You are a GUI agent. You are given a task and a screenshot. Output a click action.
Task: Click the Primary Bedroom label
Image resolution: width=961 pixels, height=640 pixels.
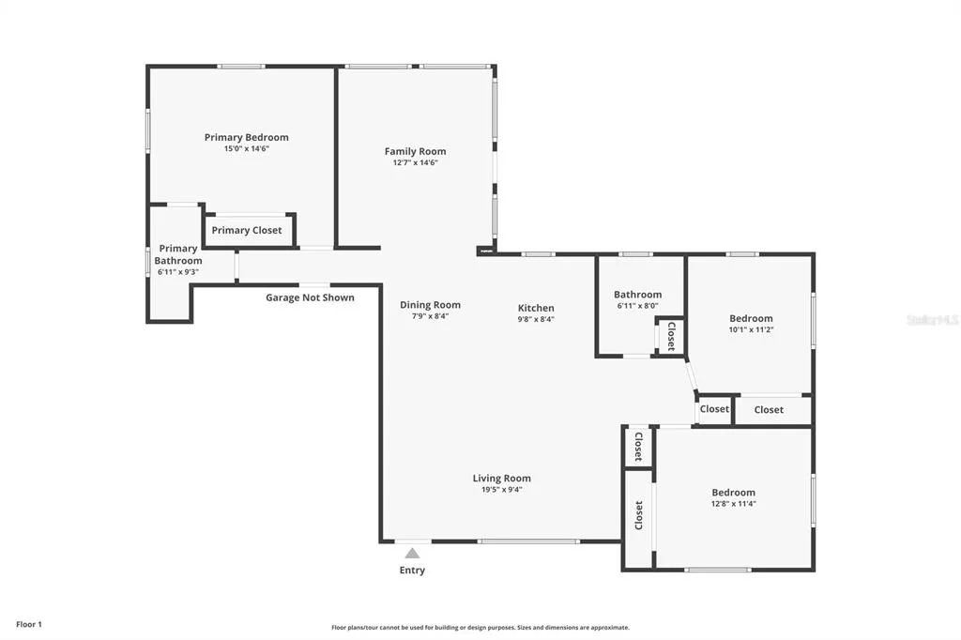tap(247, 137)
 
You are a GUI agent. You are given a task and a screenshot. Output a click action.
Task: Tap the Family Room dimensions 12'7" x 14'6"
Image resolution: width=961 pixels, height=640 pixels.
tap(416, 162)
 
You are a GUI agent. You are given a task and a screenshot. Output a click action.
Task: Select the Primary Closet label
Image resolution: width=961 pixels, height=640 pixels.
tap(247, 231)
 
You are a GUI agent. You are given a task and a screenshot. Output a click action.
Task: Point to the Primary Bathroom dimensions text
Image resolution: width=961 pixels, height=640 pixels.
tap(178, 272)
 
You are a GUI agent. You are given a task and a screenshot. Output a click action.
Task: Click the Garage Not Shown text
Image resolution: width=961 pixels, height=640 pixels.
tap(310, 297)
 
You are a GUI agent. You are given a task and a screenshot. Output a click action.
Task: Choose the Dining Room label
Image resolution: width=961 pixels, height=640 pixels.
tap(430, 305)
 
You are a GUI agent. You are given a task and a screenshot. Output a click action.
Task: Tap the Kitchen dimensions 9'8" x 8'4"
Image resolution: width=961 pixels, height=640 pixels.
tap(536, 319)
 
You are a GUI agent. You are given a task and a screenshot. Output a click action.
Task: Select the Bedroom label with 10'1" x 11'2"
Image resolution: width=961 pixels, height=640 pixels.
tap(752, 319)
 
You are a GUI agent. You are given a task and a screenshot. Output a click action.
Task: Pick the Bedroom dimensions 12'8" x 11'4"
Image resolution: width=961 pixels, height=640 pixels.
tap(734, 504)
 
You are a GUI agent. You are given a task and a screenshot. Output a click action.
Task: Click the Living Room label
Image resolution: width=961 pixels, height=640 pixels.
tap(502, 479)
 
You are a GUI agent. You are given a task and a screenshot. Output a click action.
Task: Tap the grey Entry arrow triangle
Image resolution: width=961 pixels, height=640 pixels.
tap(413, 554)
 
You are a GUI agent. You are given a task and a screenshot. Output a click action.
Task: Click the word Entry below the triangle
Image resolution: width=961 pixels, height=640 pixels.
tap(413, 571)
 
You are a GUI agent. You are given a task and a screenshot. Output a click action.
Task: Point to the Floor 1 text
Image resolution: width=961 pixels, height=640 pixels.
tap(29, 625)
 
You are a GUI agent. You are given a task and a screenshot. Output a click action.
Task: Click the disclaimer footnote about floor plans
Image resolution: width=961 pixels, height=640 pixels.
tap(480, 628)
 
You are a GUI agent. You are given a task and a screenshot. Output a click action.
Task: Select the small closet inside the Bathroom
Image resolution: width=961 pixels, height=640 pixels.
tap(670, 336)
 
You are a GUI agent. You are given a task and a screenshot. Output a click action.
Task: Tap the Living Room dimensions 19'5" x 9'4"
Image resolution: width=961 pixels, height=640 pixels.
tap(502, 490)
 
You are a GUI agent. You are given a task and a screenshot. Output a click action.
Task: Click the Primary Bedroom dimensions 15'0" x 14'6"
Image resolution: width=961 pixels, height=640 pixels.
tap(247, 149)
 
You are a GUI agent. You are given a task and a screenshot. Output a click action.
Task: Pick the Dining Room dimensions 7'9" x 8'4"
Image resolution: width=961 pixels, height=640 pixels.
tap(430, 316)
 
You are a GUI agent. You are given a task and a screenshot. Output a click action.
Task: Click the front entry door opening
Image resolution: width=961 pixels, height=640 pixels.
tap(413, 541)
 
